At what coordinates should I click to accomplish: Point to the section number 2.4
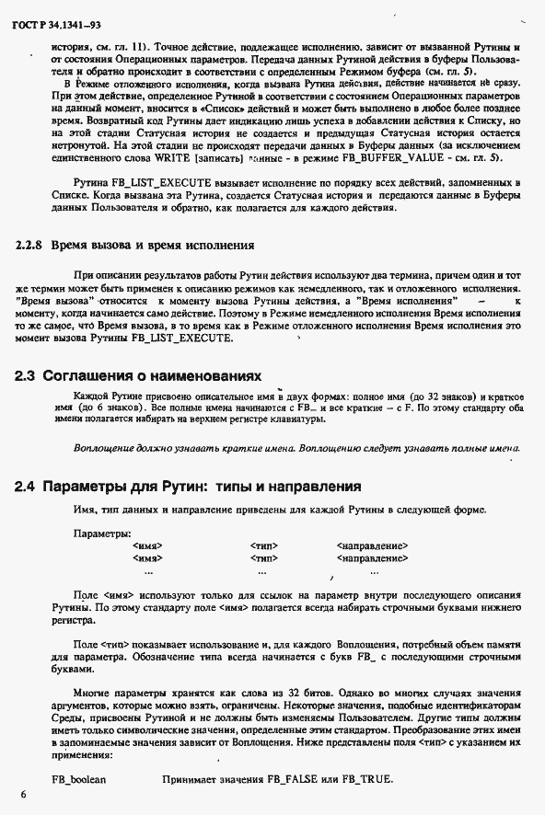[x=26, y=487]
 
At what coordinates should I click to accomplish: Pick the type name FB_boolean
[x=79, y=779]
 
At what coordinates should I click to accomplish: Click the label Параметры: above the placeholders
[x=101, y=534]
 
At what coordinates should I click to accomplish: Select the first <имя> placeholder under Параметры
[x=147, y=546]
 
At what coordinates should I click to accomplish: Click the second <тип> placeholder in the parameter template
[x=264, y=558]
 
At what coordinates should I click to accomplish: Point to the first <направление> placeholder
[x=373, y=546]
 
